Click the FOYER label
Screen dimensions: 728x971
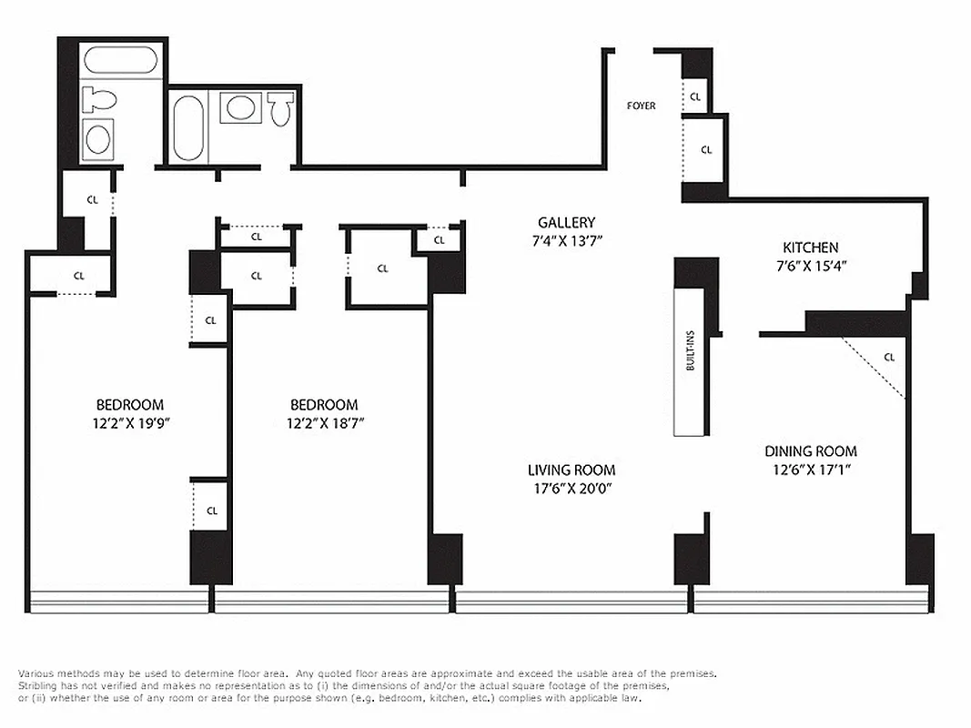point(641,106)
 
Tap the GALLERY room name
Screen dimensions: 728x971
point(566,223)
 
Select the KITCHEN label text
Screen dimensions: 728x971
point(810,248)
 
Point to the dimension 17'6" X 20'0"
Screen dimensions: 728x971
point(571,489)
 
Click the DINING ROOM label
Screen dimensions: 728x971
point(810,451)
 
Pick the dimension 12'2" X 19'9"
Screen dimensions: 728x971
point(130,422)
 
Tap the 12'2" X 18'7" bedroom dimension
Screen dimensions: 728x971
point(323,422)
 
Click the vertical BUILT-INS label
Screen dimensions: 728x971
point(691,350)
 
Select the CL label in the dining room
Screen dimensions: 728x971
point(889,358)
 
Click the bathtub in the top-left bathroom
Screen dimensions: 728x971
point(120,61)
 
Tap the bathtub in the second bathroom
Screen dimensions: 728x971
point(189,127)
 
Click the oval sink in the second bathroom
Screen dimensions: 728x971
point(241,107)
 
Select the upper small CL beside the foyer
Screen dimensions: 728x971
point(695,96)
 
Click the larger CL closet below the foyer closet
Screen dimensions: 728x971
point(706,150)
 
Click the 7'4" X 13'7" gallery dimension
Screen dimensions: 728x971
point(566,241)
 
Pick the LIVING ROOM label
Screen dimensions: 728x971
point(571,470)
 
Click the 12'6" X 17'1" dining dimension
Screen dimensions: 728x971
point(810,470)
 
